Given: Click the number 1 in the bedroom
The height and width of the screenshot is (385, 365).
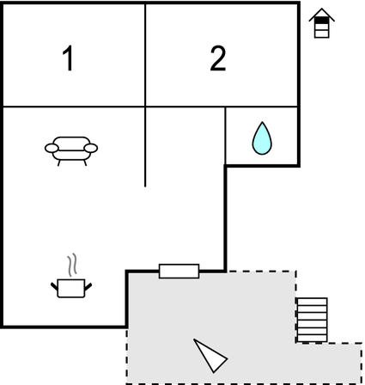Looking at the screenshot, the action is coord(69,58).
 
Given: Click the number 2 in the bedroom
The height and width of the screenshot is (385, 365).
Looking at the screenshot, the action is coord(218,58).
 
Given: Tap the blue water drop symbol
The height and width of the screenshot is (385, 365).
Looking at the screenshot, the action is coord(262,138).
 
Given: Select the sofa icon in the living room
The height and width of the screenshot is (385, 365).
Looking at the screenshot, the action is coord(71,151).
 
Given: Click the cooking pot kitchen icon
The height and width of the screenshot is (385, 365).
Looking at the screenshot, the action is coord(71,288).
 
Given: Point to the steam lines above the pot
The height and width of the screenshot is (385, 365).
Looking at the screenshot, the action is coord(72,265).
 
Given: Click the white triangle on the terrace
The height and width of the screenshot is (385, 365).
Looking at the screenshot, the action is coord(210,356).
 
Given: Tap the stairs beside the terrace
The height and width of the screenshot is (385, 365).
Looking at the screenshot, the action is coord(312,320).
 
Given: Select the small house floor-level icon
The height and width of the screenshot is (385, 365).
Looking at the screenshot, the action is coord(321,23).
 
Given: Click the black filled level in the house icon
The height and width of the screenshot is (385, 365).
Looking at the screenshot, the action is coord(321,21).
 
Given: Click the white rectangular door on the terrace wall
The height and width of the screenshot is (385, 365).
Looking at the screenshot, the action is coord(179,272).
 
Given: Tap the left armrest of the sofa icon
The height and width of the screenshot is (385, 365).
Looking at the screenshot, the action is coord(52,148).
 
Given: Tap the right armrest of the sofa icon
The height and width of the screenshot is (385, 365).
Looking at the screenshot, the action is coord(91,148).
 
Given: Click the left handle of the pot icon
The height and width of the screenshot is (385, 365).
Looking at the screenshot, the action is coord(54,286).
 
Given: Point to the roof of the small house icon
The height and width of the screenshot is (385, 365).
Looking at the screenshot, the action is coord(321,15).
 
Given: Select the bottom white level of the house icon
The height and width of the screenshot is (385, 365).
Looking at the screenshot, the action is coord(321,34).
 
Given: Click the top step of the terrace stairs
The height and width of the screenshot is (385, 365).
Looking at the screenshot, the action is coord(312,302).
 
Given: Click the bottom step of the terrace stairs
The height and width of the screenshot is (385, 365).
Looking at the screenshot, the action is coord(312,339).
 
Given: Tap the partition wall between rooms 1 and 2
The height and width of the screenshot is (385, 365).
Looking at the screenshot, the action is coord(145,55).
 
